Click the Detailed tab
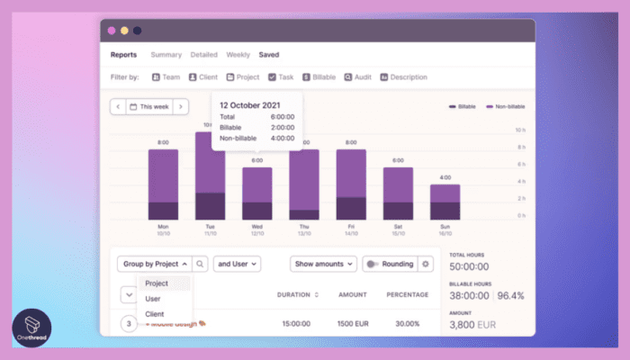(203, 55)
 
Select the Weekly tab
(238, 55)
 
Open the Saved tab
(268, 55)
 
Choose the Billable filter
(319, 77)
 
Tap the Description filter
(403, 77)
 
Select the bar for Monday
(164, 184)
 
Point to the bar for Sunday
(445, 202)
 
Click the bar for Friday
(351, 184)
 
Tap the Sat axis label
(398, 226)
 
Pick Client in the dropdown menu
(155, 314)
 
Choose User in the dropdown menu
(153, 299)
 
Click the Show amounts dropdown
(323, 264)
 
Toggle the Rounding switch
(373, 264)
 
